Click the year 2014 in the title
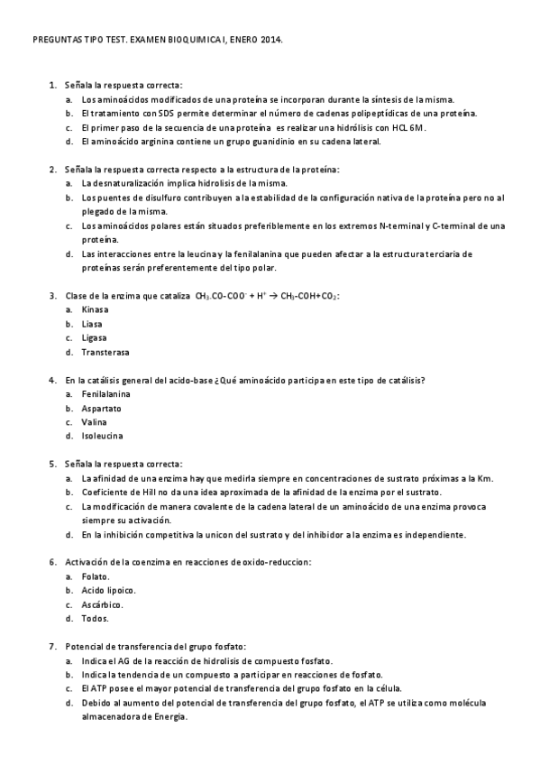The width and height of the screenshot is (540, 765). point(270,41)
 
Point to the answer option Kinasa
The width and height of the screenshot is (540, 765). point(95,309)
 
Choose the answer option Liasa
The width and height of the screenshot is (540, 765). point(92,323)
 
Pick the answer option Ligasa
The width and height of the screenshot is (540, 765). point(94,337)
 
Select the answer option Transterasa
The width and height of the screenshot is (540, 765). point(105,352)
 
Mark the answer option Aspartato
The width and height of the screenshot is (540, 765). point(101,408)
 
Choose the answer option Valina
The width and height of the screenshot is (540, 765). point(94,422)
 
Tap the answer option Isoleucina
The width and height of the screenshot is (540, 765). point(102,437)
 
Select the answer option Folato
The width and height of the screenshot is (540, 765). point(95,576)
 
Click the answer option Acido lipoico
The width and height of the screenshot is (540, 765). point(107,590)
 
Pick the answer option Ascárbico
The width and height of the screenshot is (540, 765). point(102,604)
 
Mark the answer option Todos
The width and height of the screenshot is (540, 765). point(95,619)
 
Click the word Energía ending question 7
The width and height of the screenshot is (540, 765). point(169,717)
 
